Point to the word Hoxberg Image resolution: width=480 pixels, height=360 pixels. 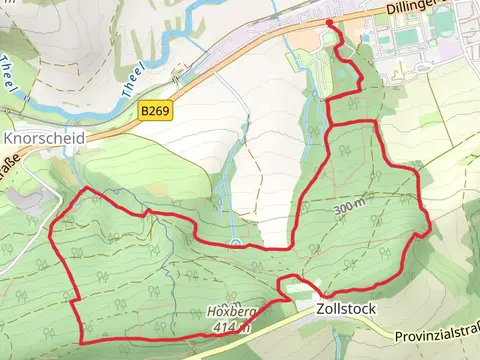pos(233,312)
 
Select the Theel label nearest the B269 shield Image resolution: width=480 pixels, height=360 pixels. pos(132,80)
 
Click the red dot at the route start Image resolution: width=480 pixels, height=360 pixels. pos(330,21)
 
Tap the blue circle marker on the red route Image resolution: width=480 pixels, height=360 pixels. pos(234,243)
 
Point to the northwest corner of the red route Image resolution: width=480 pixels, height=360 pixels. pos(87,189)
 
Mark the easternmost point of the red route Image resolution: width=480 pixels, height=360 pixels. pos(430,229)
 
